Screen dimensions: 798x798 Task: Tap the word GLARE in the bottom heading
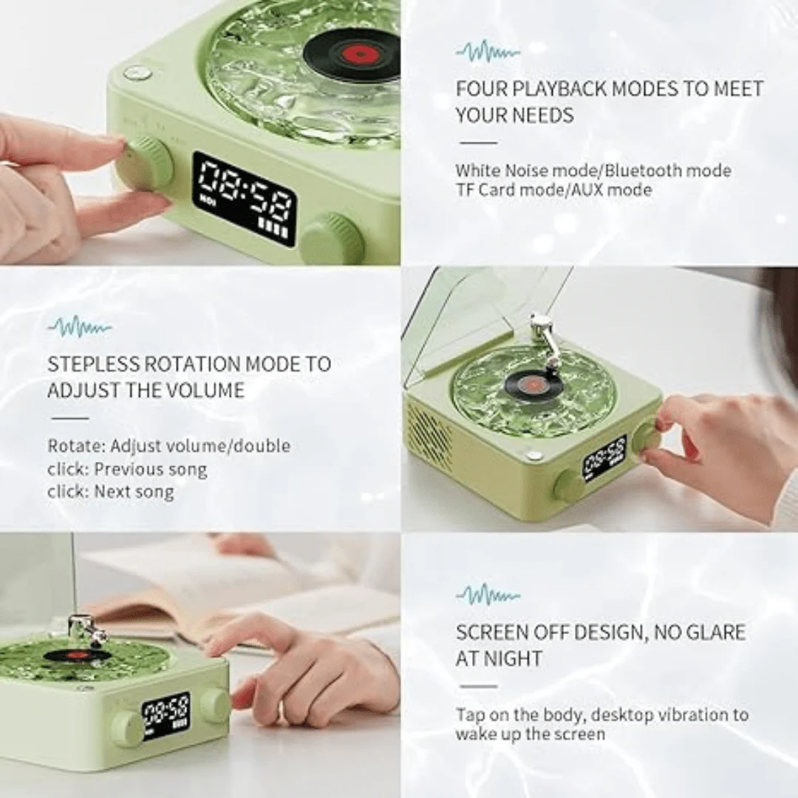tap(715, 632)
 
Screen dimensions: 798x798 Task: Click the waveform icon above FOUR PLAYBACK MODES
tap(488, 52)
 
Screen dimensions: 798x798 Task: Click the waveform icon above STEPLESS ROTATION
tap(79, 327)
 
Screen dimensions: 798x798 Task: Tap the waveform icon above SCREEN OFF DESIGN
tap(488, 595)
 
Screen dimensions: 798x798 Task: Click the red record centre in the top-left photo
tap(358, 53)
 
